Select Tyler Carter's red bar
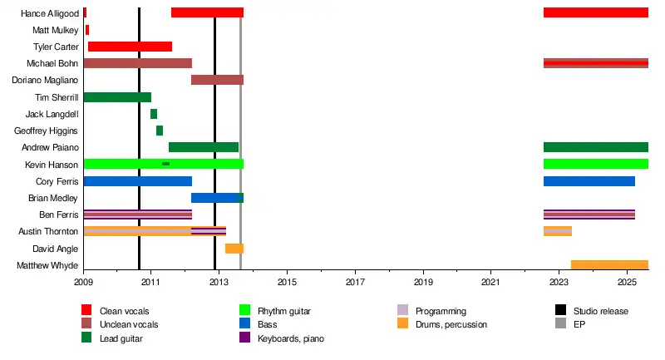[130, 47]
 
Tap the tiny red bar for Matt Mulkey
[87, 30]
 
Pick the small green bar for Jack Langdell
[154, 114]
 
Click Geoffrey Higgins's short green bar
[160, 131]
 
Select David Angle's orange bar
[234, 249]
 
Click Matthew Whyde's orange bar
[609, 265]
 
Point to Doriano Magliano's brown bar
[217, 80]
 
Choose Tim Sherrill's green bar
[117, 97]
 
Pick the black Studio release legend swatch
[560, 311]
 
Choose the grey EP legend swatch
[560, 324]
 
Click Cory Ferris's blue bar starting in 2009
[138, 181]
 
